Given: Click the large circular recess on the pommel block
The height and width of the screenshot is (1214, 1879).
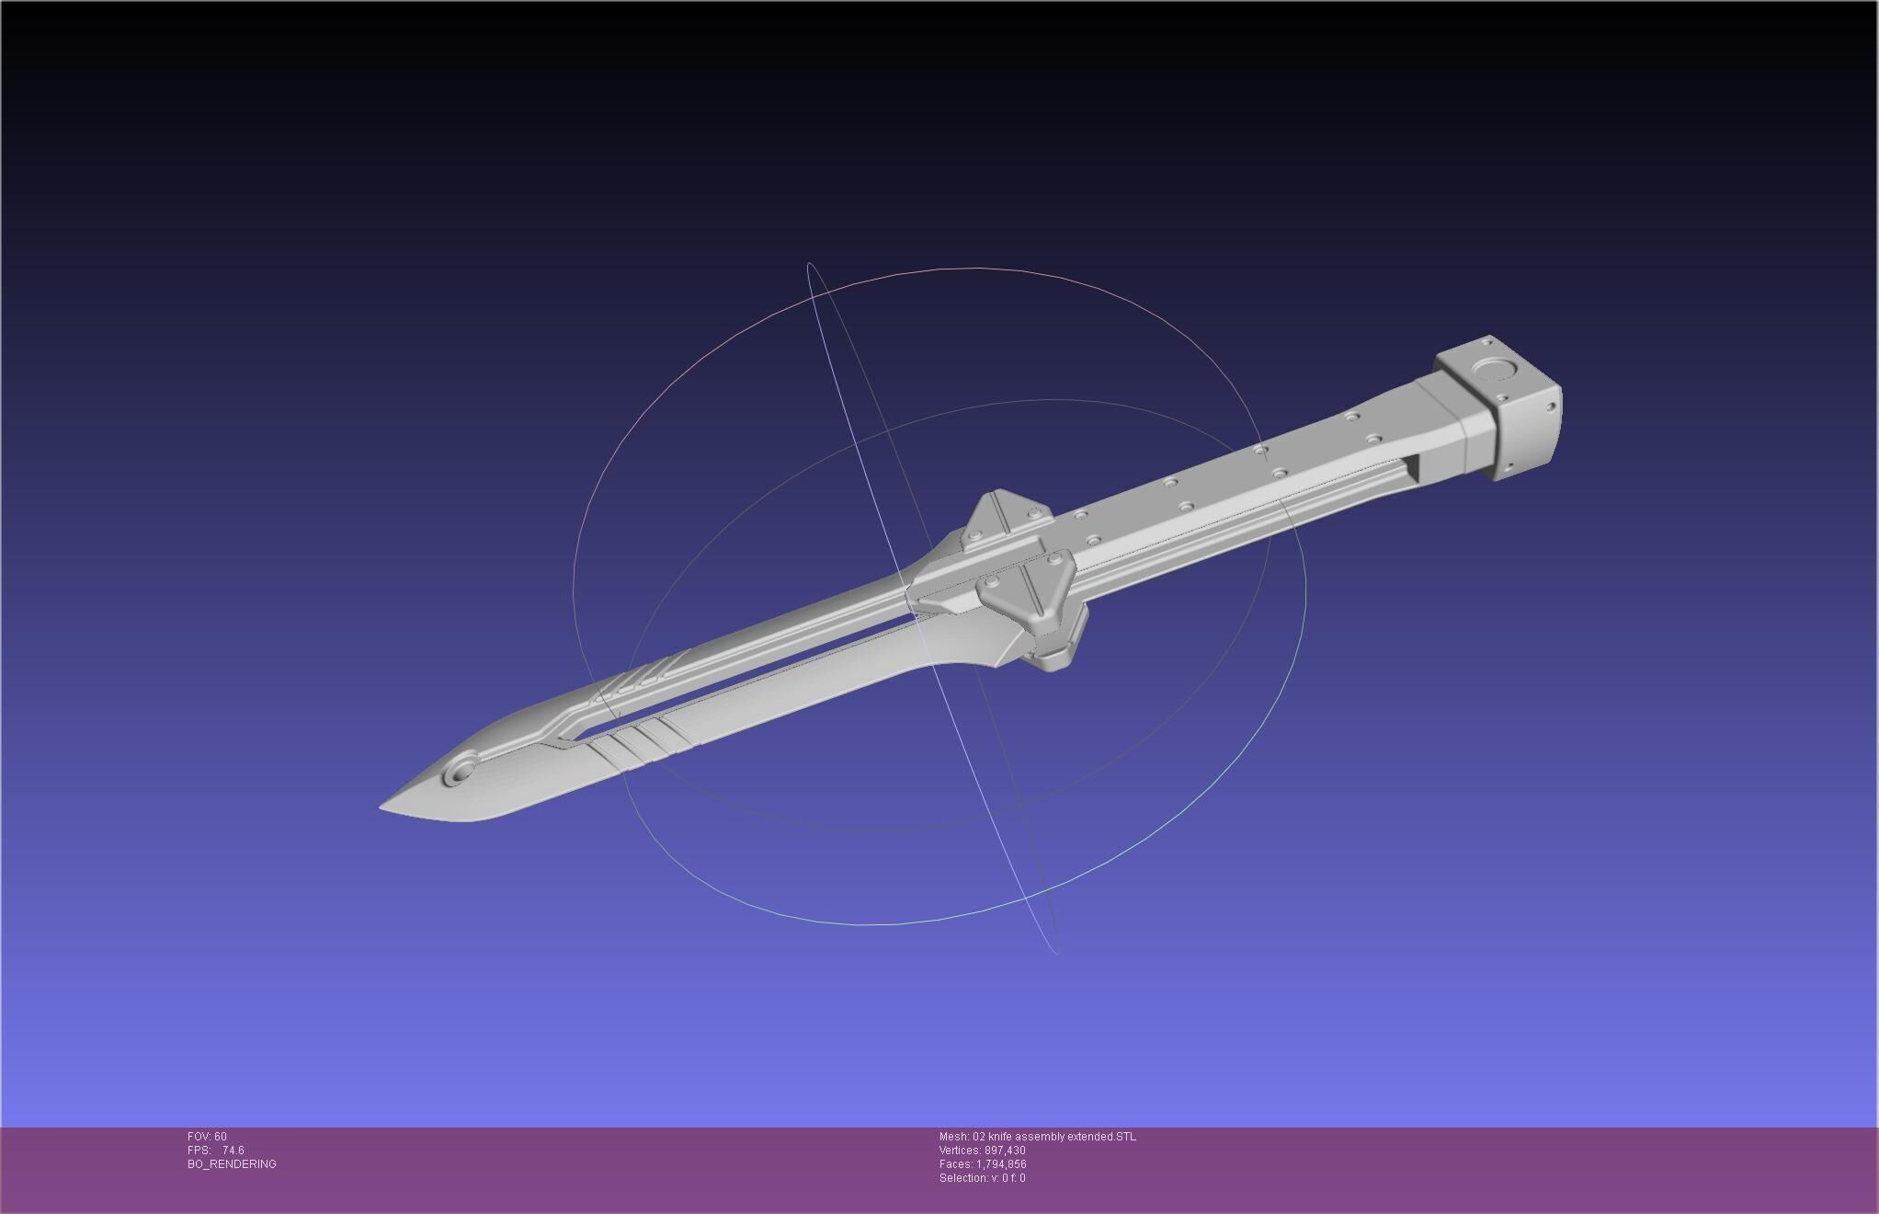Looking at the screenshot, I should coord(1495,371).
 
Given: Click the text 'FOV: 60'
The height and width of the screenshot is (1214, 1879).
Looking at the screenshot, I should coord(207,1137).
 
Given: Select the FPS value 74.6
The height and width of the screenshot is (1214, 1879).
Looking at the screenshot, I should coord(233,1151).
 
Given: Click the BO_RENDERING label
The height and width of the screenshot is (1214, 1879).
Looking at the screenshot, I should coord(232,1164).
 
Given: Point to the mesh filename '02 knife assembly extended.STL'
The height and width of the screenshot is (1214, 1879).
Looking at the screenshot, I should coord(1053,1137).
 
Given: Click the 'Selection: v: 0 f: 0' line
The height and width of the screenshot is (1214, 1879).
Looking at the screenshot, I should coord(982,1178).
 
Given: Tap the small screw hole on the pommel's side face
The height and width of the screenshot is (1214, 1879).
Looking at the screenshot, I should coord(1550,407).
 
